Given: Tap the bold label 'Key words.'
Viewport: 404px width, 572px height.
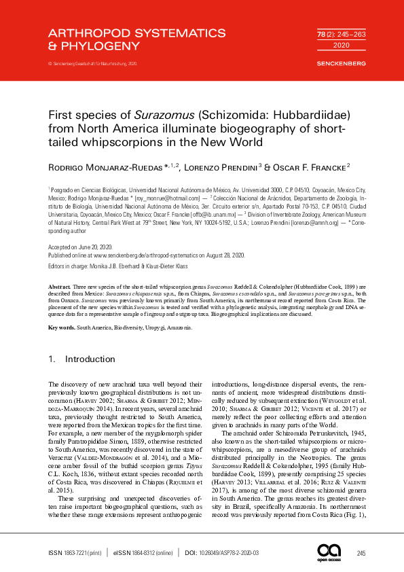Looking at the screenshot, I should tap(62, 328).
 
